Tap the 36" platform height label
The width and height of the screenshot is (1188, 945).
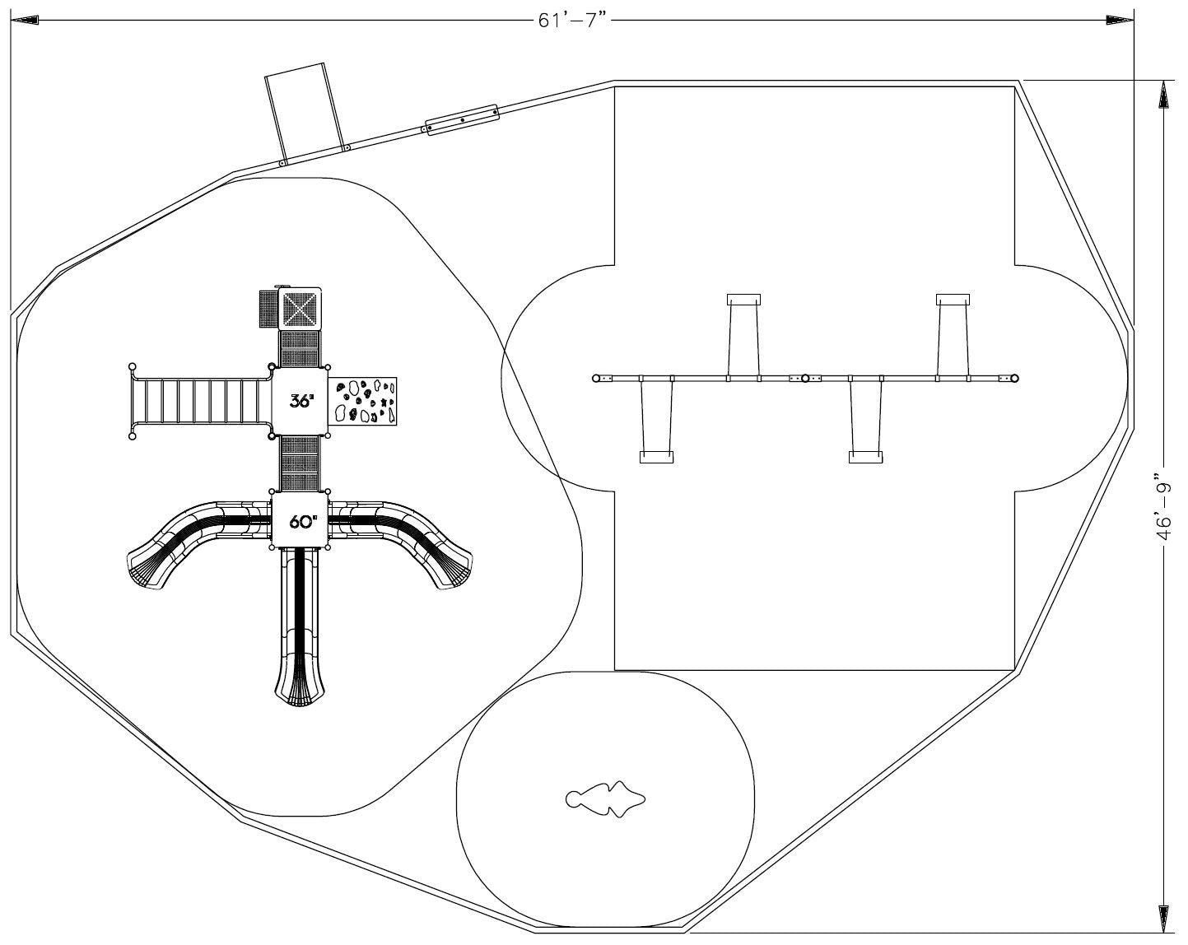pyautogui.click(x=300, y=401)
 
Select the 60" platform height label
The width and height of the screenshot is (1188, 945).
pyautogui.click(x=302, y=521)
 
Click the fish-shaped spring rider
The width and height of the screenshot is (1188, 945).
pyautogui.click(x=605, y=798)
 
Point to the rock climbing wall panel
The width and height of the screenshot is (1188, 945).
pyautogui.click(x=364, y=400)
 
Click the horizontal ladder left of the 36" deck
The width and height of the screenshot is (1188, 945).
pyautogui.click(x=202, y=401)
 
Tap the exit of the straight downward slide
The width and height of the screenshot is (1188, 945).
pyautogui.click(x=300, y=691)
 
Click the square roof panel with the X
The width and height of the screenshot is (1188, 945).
pyautogui.click(x=300, y=310)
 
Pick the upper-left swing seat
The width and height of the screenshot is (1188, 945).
pyautogui.click(x=743, y=300)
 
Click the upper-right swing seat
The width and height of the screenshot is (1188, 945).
pyautogui.click(x=953, y=300)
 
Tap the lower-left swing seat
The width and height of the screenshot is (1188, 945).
pyautogui.click(x=656, y=457)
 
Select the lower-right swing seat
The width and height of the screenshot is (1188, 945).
pyautogui.click(x=866, y=457)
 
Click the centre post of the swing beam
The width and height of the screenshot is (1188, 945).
pyautogui.click(x=805, y=378)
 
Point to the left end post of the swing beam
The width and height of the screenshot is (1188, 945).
pyautogui.click(x=596, y=378)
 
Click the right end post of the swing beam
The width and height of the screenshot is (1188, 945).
pyautogui.click(x=1014, y=378)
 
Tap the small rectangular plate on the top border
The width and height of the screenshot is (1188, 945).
pyautogui.click(x=462, y=119)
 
